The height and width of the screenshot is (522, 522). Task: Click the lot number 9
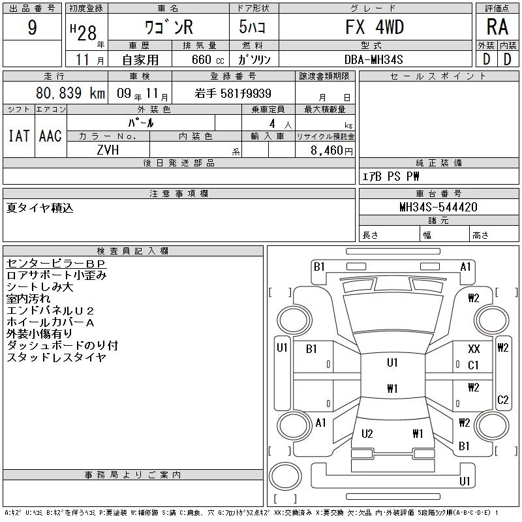(32, 27)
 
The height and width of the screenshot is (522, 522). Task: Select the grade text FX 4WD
(375, 27)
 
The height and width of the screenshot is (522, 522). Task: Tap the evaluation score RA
(497, 27)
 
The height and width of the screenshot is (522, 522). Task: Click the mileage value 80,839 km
(70, 93)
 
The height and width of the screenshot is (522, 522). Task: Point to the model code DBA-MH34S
(373, 59)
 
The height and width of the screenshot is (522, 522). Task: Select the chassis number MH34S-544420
(438, 207)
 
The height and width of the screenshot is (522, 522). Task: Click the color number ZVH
(108, 150)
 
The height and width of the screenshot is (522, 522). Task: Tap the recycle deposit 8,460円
(331, 151)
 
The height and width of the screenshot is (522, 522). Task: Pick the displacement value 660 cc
(207, 59)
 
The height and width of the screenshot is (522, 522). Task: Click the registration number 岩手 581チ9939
(233, 93)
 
